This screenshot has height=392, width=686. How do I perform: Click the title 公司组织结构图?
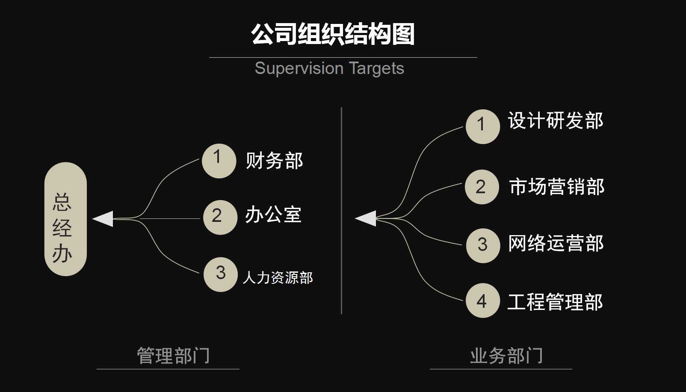pos(333,34)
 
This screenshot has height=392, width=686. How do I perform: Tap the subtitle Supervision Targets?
pos(329,68)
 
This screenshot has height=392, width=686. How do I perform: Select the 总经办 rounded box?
pos(65,219)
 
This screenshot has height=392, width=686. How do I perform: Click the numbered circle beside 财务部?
pos(219,161)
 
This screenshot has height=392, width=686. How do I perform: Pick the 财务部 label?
pos(274,161)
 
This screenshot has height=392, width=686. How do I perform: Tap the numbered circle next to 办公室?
pos(220,217)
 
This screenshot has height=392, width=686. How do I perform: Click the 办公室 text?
pos(273,215)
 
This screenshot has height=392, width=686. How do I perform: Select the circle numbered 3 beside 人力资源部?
pos(220,274)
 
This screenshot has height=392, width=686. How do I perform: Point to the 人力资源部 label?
pos(278,278)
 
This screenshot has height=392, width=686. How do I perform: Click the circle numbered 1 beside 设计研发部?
pos(482,127)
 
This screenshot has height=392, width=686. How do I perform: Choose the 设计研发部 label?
pos(556,121)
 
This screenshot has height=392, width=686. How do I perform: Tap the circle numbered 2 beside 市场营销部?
pos(482,187)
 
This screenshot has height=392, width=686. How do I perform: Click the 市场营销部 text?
pos(556,187)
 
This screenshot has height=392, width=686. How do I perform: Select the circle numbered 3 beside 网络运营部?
pos(483,245)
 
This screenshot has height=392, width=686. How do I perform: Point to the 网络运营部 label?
pos(556,243)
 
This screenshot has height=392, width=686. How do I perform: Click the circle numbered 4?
pos(482,301)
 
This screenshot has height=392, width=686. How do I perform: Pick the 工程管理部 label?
pos(555,302)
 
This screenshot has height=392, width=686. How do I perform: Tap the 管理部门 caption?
pos(173,356)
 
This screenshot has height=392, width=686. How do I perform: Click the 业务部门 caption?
pos(506,356)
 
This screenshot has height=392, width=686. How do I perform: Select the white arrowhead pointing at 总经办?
pos(104,219)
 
